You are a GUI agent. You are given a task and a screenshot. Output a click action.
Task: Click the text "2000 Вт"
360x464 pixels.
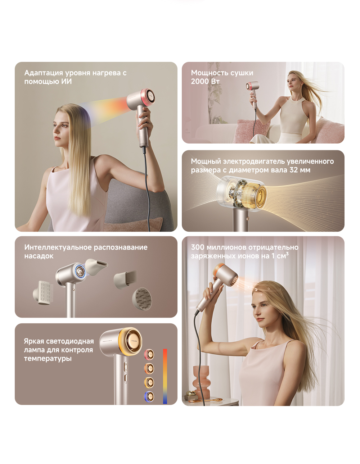[205, 81]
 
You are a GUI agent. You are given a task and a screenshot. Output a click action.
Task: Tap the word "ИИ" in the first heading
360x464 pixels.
[67, 81]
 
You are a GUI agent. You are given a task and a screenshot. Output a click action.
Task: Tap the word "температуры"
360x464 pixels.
[48, 359]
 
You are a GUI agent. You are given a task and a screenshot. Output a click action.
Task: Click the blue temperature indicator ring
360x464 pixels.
[149, 396]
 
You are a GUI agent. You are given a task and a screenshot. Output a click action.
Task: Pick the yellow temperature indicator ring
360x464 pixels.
[149, 382]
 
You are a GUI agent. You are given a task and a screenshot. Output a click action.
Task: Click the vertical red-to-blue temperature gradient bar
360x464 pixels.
[165, 376]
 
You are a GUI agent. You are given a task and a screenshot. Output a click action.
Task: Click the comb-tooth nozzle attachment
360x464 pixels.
[125, 279]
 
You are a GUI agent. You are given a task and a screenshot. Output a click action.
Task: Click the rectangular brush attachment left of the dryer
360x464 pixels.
[43, 292]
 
